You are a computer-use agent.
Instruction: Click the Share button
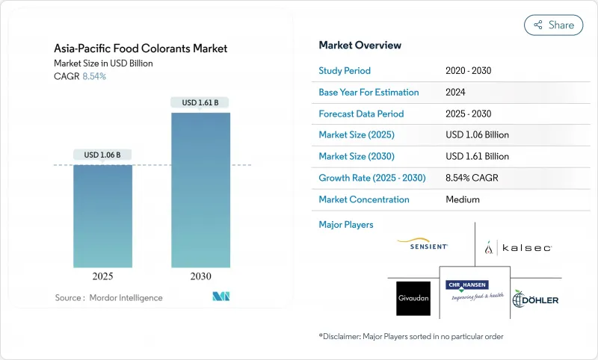click(554, 25)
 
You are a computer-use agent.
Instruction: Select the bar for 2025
click(102, 217)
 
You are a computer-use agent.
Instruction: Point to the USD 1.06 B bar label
click(102, 155)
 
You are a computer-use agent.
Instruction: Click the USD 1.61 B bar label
click(201, 102)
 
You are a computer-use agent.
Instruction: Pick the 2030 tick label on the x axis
click(201, 276)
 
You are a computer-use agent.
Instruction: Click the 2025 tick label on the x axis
click(102, 276)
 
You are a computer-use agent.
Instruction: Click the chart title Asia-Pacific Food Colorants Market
click(141, 49)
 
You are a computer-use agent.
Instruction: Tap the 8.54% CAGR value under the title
click(93, 76)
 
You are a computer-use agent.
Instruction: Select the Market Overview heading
click(360, 46)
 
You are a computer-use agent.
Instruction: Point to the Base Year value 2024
click(457, 92)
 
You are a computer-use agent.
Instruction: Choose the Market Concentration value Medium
click(462, 199)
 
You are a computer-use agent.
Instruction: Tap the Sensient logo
click(422, 244)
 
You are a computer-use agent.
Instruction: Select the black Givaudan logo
click(413, 298)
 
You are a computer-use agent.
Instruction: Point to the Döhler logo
click(536, 298)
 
